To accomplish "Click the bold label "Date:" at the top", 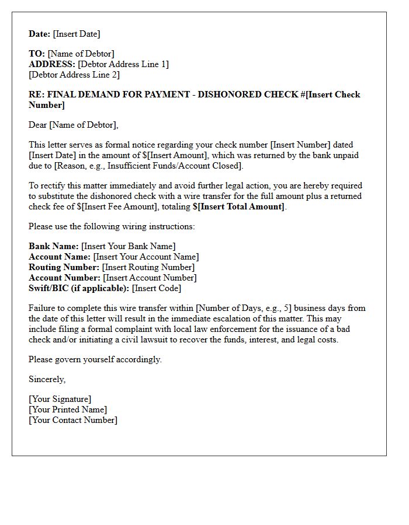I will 40,34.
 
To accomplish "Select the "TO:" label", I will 37,54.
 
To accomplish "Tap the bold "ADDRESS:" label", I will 52,64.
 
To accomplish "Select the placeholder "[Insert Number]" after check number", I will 300,145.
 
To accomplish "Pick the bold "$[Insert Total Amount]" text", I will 238,206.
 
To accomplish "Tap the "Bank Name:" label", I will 54,246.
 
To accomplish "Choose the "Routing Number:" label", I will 64,267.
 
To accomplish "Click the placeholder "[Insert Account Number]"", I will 150,278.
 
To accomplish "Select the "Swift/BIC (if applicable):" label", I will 79,288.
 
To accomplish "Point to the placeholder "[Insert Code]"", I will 157,288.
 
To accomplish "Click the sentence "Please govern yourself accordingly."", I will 95,359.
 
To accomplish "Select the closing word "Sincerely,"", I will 47,379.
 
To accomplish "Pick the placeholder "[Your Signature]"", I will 60,399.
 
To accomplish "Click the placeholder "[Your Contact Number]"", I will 73,420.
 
